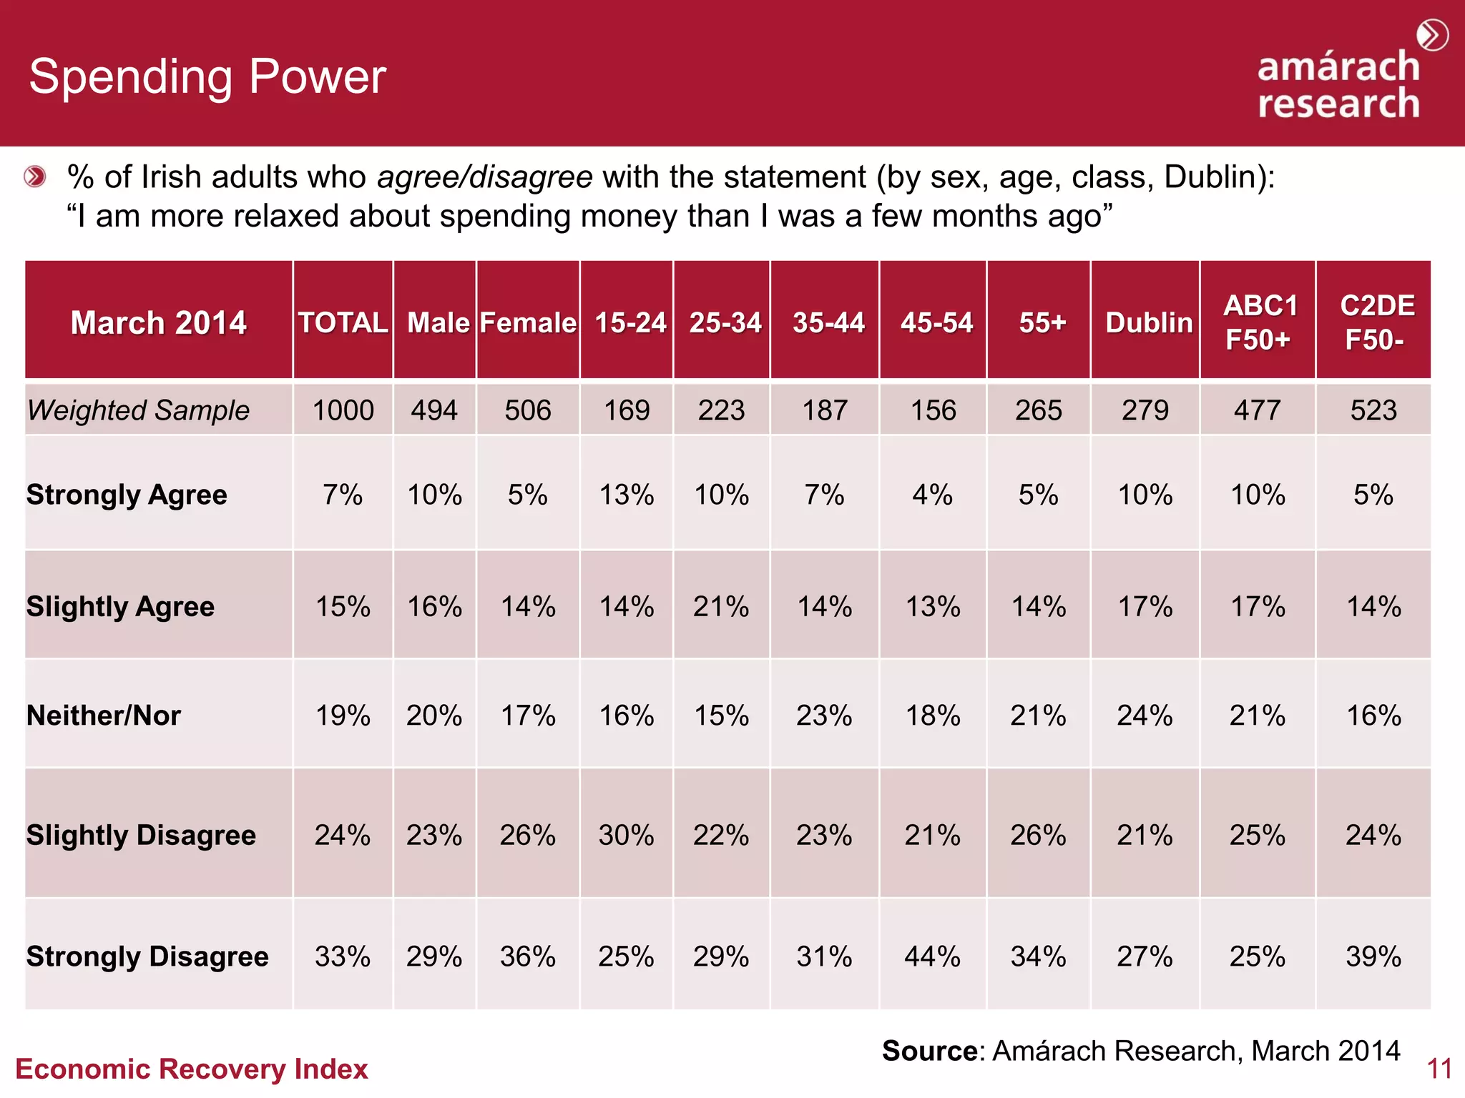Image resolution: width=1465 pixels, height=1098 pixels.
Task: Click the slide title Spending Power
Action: [207, 76]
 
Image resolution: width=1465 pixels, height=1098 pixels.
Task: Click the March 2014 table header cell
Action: [158, 322]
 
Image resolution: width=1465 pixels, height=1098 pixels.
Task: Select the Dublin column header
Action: [1149, 322]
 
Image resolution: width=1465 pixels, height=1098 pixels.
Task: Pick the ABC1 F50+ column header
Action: [1259, 322]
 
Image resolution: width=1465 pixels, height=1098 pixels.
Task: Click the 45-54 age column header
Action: [936, 322]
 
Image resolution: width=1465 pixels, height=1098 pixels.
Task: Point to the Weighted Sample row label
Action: [139, 410]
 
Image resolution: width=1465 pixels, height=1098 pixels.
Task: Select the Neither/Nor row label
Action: [104, 715]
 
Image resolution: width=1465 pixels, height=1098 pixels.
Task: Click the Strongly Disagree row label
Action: [147, 956]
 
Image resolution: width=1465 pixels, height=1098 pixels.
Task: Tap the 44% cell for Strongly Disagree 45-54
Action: [932, 956]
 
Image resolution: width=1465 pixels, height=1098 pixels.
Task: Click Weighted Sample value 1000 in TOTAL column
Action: [343, 410]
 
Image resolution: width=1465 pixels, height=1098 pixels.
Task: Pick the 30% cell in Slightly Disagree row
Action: [626, 834]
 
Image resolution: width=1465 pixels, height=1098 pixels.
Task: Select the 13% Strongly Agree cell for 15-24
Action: [626, 495]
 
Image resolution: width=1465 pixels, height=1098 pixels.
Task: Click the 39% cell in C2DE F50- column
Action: [1373, 956]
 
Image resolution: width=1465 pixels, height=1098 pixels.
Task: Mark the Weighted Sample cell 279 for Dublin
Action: [1145, 410]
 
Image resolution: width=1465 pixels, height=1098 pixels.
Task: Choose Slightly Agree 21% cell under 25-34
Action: [721, 606]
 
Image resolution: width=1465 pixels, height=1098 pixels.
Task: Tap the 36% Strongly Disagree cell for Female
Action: [527, 956]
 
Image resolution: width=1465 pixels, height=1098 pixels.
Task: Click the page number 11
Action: [1439, 1069]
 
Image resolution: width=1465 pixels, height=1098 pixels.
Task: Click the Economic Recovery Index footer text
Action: [191, 1069]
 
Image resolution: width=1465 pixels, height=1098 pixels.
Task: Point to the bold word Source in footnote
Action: [929, 1051]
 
